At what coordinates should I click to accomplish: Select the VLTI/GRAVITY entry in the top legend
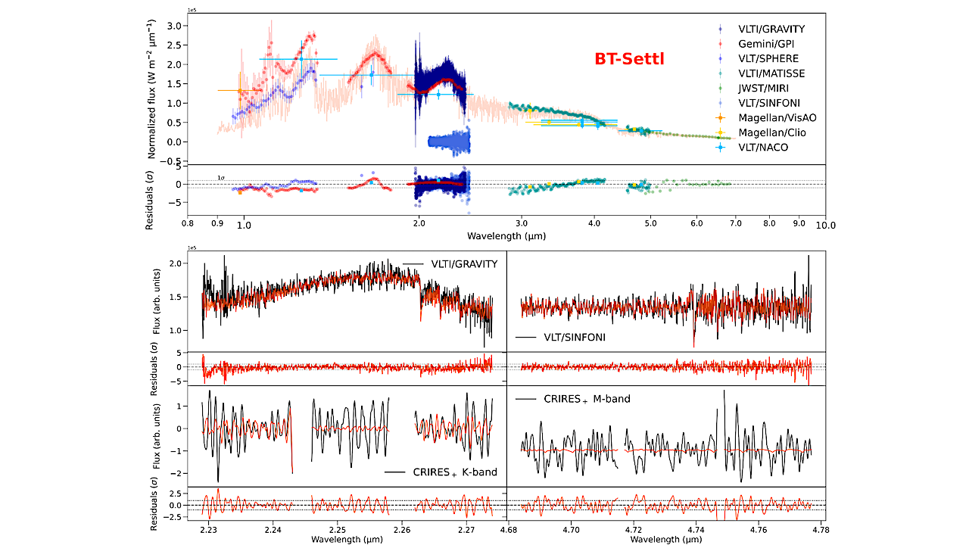(771, 30)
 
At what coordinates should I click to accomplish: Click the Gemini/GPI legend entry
(768, 44)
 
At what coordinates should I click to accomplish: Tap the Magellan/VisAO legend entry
(777, 118)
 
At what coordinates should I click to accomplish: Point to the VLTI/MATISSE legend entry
(771, 73)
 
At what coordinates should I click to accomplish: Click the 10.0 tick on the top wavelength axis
(824, 225)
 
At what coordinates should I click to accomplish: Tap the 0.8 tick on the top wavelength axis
(187, 225)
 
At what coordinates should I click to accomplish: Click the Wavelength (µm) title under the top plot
(506, 236)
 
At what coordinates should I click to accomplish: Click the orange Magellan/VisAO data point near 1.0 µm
(239, 91)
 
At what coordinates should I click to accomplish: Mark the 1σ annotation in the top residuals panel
(221, 178)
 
